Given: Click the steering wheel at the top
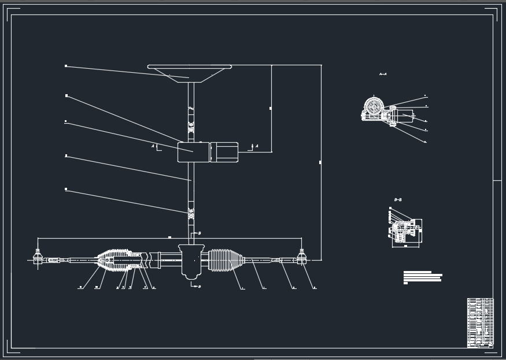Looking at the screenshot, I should [x=189, y=72].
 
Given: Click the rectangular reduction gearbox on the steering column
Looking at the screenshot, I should [x=193, y=153].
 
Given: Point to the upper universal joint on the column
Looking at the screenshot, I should [x=190, y=124].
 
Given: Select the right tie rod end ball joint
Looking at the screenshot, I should [x=301, y=258].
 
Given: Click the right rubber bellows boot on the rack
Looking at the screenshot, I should [x=226, y=260].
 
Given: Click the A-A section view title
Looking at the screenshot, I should [x=382, y=75].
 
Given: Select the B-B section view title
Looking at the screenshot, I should [x=398, y=199].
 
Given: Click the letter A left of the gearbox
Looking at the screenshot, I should [x=153, y=147].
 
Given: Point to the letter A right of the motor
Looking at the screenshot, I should [x=257, y=146].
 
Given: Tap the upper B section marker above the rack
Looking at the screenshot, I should [x=199, y=233].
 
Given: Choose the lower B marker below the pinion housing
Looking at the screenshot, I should [x=199, y=287].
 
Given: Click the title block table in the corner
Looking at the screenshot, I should [x=480, y=322].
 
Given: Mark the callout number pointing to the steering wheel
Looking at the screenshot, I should [x=66, y=66].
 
